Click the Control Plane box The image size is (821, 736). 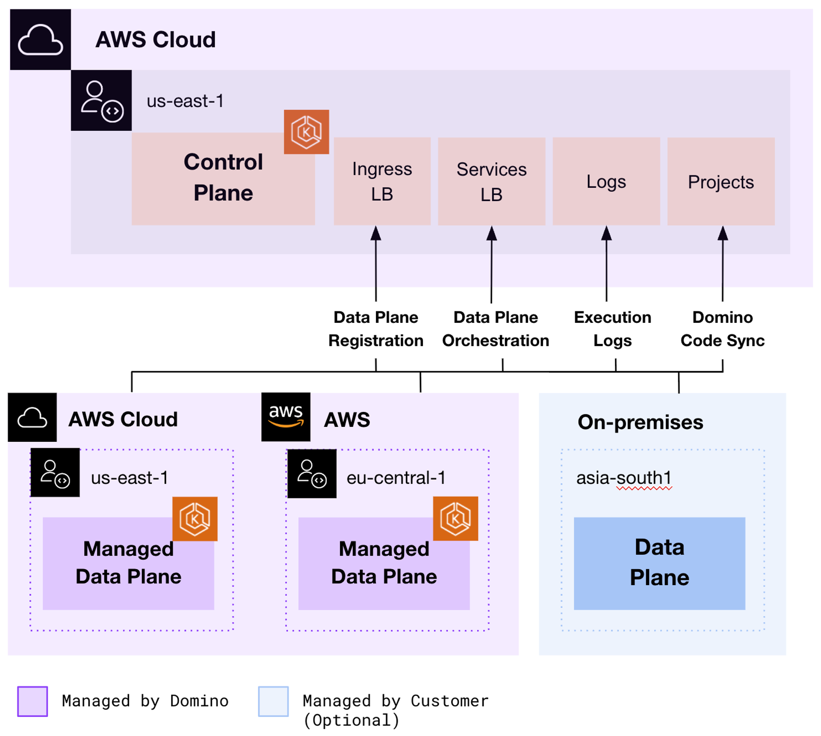[223, 178]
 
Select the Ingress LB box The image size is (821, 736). [382, 181]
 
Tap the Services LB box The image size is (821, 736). [491, 181]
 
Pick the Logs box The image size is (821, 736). [606, 181]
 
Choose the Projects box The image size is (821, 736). [721, 181]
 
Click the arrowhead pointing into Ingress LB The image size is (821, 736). [375, 234]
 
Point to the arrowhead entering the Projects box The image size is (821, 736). [722, 234]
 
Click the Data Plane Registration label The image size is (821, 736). [375, 329]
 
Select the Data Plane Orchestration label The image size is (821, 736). [495, 329]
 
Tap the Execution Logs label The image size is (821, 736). [612, 329]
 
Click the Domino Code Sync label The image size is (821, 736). [722, 329]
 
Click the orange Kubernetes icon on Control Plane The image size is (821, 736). [306, 132]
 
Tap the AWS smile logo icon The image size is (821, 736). [286, 417]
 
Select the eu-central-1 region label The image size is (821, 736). [396, 478]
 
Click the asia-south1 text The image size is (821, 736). [623, 478]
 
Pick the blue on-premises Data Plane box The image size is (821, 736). [659, 563]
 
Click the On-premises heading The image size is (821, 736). [640, 422]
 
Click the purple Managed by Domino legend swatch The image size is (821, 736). [32, 701]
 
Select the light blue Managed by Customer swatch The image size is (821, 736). [273, 701]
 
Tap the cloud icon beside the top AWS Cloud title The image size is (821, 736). [40, 39]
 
